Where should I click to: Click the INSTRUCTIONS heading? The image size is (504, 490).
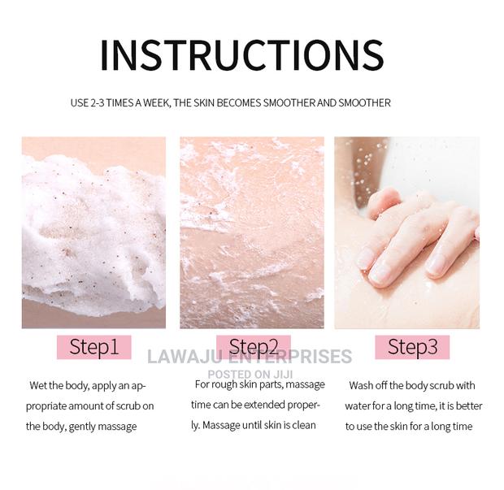241,54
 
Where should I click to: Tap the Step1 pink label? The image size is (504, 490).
93,347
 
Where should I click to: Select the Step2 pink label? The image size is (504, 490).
253,347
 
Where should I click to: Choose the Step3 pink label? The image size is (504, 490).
412,347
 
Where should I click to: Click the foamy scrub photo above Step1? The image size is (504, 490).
93,232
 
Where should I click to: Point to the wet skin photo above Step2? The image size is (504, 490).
251,232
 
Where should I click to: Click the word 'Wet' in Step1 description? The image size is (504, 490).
37,385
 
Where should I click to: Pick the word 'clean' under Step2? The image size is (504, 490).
302,425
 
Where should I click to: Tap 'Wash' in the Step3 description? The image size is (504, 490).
363,385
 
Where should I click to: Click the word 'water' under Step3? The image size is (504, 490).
359,405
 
